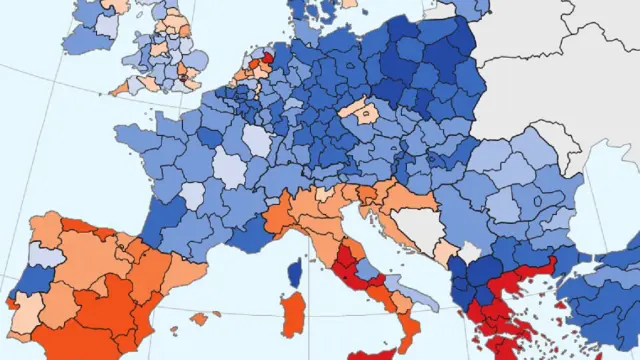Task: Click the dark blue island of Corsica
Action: coord(294,272)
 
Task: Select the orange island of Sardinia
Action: coord(291,318)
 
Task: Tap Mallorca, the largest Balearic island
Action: coord(203,318)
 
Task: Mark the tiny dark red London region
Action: coord(185,75)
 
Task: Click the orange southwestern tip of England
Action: coord(123,88)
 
